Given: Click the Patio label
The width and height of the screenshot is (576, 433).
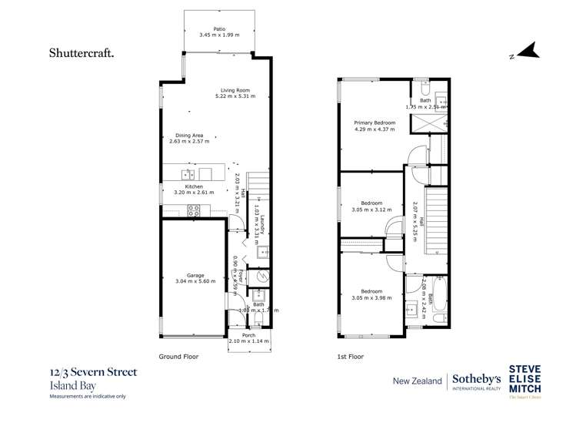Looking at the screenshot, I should (x=219, y=29).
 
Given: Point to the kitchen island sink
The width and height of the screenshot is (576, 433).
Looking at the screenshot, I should (x=185, y=174).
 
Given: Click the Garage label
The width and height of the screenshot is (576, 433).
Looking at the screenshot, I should (x=195, y=275).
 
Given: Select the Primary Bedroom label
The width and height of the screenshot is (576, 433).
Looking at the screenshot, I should (x=375, y=123).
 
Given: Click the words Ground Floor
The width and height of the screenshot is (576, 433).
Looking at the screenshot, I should (x=178, y=357).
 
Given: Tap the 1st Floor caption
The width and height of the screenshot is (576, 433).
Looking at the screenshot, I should (x=351, y=357).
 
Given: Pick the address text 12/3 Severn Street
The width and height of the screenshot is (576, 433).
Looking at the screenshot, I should (x=93, y=373).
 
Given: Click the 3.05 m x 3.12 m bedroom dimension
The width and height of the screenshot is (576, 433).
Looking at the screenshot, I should (x=373, y=210).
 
